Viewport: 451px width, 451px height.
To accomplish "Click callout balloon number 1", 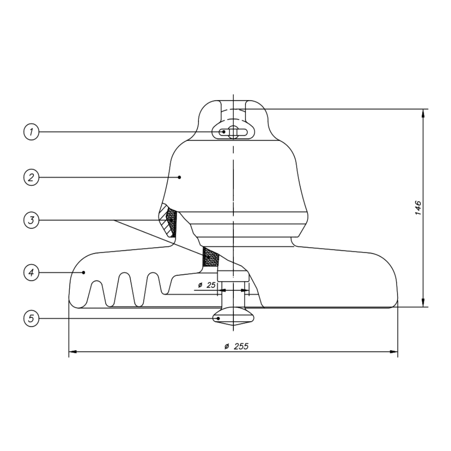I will click(x=30, y=132).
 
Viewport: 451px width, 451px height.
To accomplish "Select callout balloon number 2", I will click(x=30, y=177).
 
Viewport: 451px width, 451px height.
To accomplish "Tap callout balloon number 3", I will click(x=30, y=220).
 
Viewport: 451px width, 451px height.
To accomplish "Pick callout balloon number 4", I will click(x=30, y=273).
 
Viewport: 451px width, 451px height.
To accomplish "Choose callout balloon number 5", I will click(x=30, y=319).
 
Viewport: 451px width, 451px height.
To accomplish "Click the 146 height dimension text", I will click(x=418, y=208).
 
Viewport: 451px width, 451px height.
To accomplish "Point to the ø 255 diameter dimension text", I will click(x=236, y=346).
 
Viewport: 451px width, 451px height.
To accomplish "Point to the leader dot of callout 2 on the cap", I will click(x=180, y=177).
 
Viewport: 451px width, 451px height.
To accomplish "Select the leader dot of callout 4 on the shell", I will click(x=84, y=273).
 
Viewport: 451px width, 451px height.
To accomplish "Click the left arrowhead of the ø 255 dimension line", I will click(x=72, y=352).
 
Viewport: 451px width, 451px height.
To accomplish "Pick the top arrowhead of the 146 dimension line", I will click(x=423, y=113).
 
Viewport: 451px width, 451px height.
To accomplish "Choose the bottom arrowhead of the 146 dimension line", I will click(x=423, y=303).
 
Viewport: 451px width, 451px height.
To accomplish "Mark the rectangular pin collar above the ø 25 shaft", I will click(x=233, y=276).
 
